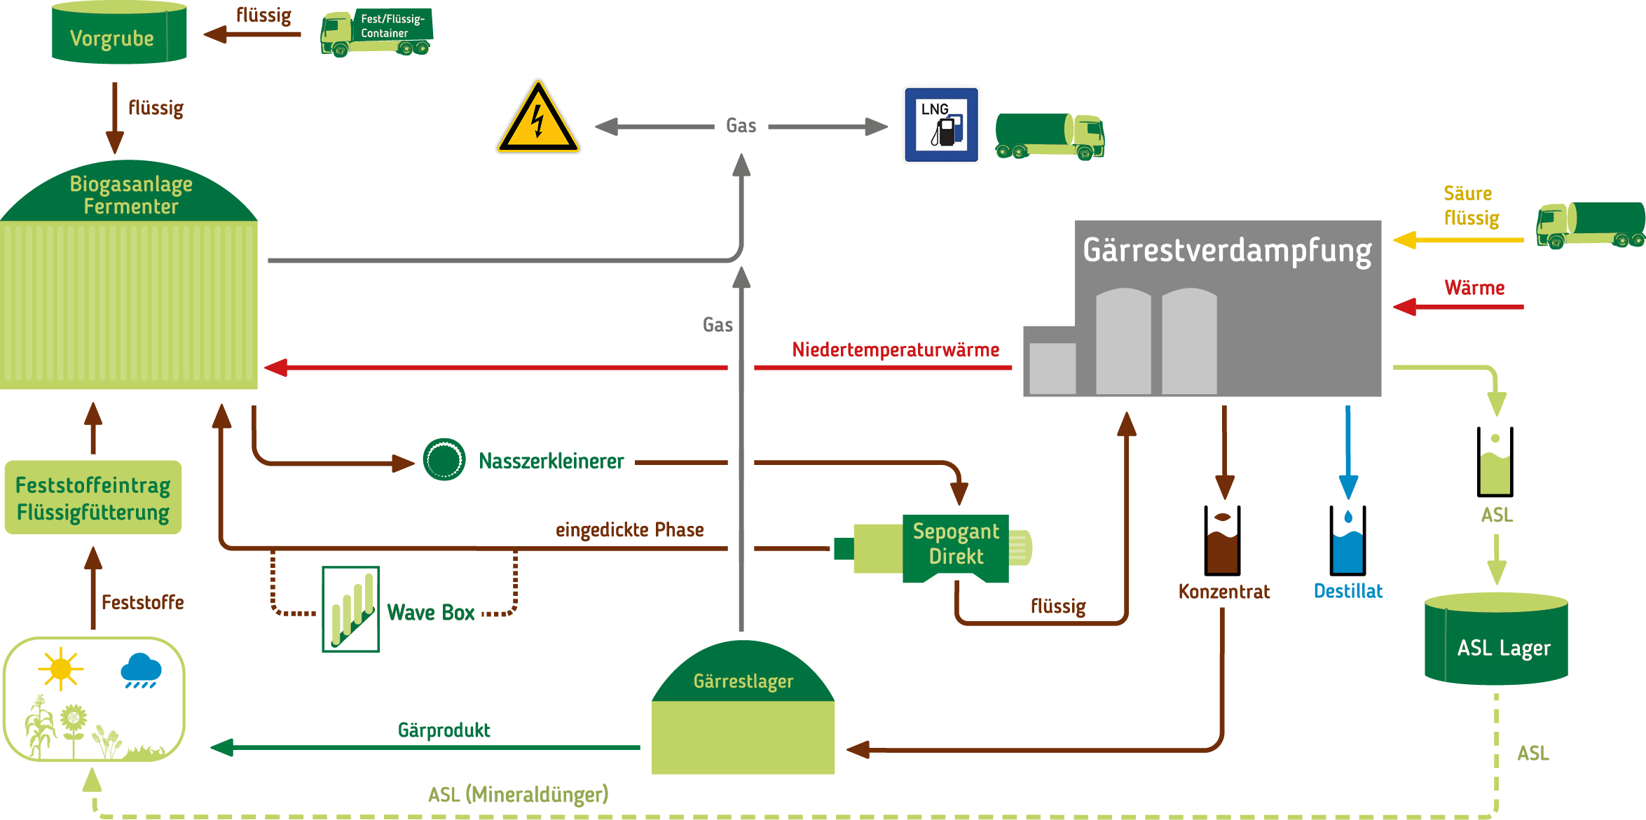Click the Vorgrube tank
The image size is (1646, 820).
(119, 34)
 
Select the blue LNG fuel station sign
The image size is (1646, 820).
(941, 125)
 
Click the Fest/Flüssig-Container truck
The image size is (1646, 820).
(376, 32)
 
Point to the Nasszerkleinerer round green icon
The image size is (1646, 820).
(444, 459)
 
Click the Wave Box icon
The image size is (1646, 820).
(350, 609)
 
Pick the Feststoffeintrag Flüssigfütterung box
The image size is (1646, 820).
(93, 498)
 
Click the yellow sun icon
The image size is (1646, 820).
(61, 668)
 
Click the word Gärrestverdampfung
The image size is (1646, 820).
(1227, 251)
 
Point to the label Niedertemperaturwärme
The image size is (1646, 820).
(895, 349)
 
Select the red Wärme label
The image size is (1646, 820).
(1474, 288)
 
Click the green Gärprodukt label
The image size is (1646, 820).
(444, 730)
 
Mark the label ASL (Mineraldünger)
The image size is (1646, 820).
(518, 795)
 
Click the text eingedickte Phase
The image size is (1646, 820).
(629, 529)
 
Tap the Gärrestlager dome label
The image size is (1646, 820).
(743, 681)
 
